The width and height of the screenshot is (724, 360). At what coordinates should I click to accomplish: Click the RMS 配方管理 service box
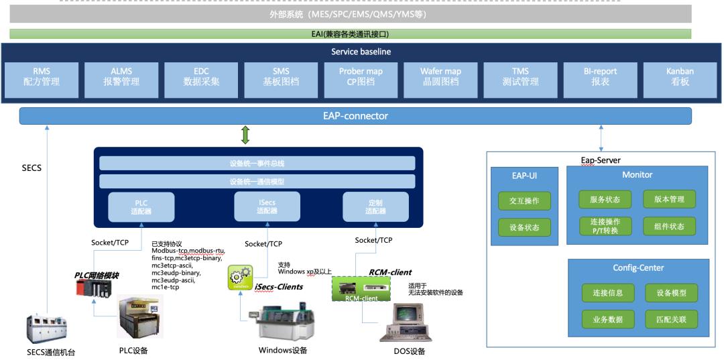(42, 76)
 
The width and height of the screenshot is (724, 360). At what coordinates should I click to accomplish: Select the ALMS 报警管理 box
(121, 76)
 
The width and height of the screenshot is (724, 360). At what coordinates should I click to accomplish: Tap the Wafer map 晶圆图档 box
(440, 76)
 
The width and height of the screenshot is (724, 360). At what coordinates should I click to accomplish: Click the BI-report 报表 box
(599, 76)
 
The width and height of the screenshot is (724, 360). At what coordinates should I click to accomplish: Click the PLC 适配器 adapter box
(141, 206)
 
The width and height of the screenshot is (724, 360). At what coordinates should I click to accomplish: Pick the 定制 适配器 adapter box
(375, 206)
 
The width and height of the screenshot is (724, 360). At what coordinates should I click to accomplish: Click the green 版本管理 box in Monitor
(669, 199)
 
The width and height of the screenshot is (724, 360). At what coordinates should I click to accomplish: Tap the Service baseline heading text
(361, 52)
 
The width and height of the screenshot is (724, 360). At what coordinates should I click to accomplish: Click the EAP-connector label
(355, 116)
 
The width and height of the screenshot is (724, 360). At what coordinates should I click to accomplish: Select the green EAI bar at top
(351, 34)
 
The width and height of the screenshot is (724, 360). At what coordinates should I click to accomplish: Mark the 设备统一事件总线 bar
(257, 163)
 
